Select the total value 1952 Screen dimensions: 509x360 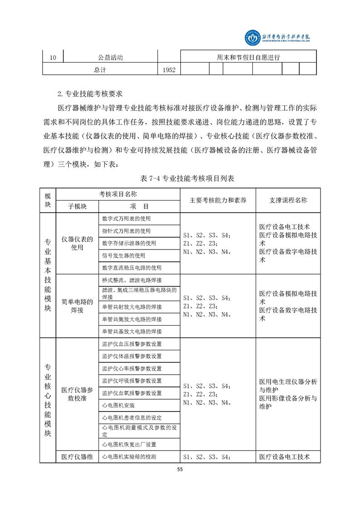168,69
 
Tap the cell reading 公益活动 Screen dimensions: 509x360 110,58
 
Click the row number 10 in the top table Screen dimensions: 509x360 53,58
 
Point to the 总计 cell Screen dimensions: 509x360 100,69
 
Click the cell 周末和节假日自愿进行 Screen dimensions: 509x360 248,57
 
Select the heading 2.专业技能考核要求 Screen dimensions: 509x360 91,94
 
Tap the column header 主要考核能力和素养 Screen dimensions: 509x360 218,200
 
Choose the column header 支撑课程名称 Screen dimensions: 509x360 288,200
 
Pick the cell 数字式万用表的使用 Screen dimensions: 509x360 126,218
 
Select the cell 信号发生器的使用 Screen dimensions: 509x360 123,255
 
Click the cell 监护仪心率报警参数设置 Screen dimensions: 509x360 132,368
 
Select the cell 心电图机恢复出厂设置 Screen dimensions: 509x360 129,444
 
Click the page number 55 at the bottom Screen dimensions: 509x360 180,470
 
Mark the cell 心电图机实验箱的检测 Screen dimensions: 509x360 129,457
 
